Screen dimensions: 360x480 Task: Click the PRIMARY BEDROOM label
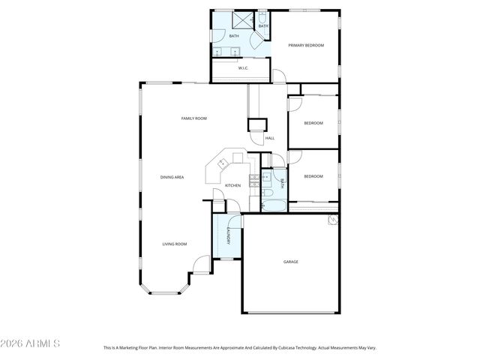306,46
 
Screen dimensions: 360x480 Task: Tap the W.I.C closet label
243,68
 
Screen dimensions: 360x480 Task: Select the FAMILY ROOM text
193,118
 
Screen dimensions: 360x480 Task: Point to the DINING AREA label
172,177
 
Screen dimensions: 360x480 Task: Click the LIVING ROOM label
175,244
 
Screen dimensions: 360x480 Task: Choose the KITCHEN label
233,185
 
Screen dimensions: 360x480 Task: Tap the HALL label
270,138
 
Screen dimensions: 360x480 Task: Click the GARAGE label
290,262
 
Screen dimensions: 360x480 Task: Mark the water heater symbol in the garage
331,220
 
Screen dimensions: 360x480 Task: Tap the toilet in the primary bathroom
263,16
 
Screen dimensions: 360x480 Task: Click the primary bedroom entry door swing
278,76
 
